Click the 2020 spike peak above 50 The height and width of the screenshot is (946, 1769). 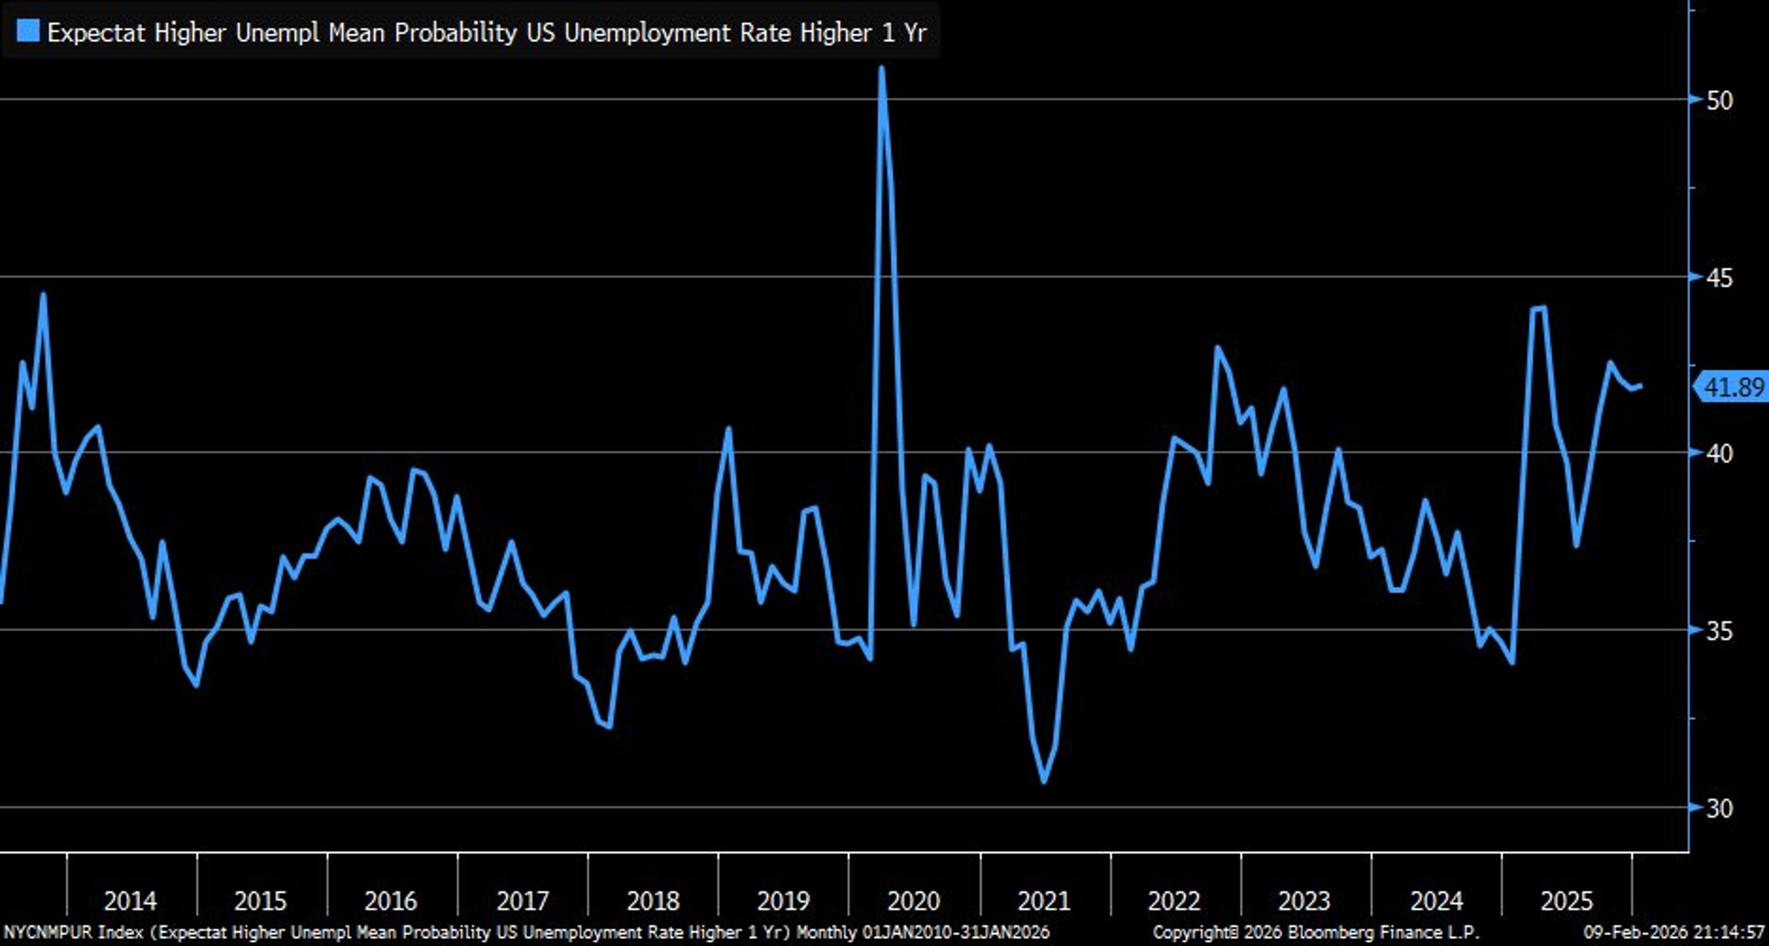pyautogui.click(x=881, y=68)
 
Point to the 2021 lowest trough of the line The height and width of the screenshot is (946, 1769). pyautogui.click(x=1044, y=781)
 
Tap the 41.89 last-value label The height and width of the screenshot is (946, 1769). pyautogui.click(x=1733, y=388)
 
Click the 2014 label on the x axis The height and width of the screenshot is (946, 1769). pyautogui.click(x=130, y=901)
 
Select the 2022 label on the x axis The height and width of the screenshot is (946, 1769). pyautogui.click(x=1174, y=901)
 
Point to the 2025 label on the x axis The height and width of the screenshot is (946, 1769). pyautogui.click(x=1566, y=901)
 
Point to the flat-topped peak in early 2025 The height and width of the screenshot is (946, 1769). pyautogui.click(x=1538, y=308)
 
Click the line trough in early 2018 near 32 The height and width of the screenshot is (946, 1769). pyautogui.click(x=609, y=725)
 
